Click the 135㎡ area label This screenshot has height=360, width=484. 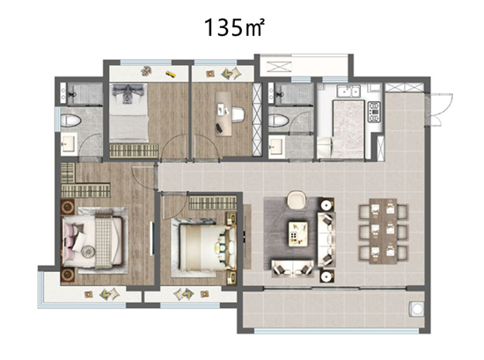pos(234,27)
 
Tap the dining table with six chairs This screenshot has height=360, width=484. pos(384,231)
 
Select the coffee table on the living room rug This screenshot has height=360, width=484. pos(297,234)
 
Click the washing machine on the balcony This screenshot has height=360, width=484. pos(416,309)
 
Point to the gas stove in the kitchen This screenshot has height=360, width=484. pos(374,112)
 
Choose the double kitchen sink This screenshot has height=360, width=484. pos(348,92)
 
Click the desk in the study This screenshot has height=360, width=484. pos(224,114)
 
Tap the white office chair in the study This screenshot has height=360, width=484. pos(238,114)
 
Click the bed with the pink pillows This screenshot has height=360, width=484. pos(92,241)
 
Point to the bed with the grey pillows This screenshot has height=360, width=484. pos(129,113)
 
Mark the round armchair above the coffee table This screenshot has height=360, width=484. pos(297,200)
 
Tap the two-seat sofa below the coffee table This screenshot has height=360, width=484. pos(293,268)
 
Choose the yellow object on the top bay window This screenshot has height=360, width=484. pos(170,74)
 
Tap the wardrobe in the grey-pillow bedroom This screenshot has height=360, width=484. pos(134,151)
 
